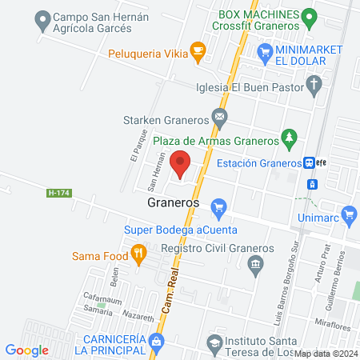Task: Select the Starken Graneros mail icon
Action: pyautogui.click(x=218, y=119)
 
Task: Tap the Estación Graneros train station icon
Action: pyautogui.click(x=309, y=162)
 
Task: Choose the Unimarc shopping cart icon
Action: pyautogui.click(x=348, y=214)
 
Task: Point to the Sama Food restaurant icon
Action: pyautogui.click(x=140, y=255)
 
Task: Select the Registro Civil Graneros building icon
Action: pyautogui.click(x=255, y=264)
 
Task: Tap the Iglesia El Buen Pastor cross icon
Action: pyautogui.click(x=315, y=83)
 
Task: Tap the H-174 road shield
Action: pyautogui.click(x=57, y=193)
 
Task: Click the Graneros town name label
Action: pyautogui.click(x=173, y=203)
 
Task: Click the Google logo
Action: pyautogui.click(x=27, y=350)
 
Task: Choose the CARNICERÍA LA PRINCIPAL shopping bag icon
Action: pyautogui.click(x=157, y=343)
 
